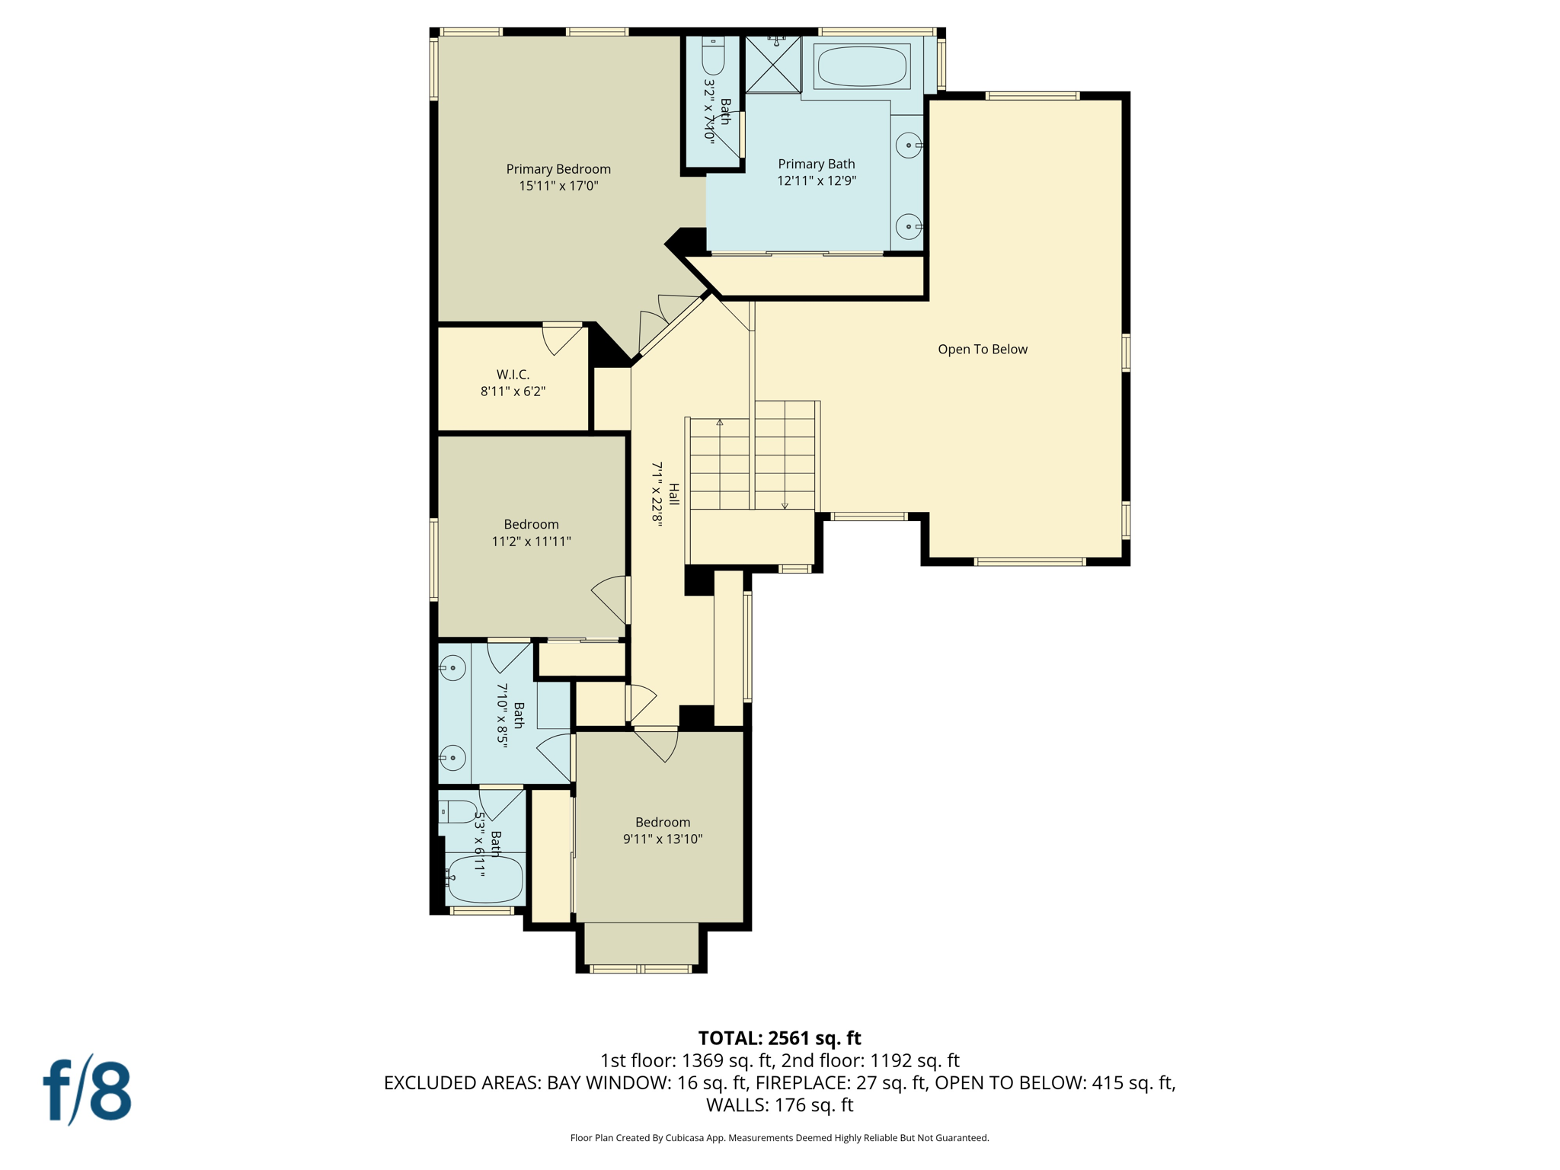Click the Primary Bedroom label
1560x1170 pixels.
pyautogui.click(x=558, y=169)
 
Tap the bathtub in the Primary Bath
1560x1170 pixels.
pyautogui.click(x=862, y=66)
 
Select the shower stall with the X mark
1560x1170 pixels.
pyautogui.click(x=772, y=65)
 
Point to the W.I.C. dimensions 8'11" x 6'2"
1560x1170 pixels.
pyautogui.click(x=513, y=392)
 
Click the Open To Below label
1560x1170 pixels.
pyautogui.click(x=982, y=350)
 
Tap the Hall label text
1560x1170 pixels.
pyautogui.click(x=673, y=494)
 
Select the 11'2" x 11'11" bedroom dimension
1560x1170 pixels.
pyautogui.click(x=531, y=542)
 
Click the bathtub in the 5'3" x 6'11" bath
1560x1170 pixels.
pyautogui.click(x=484, y=880)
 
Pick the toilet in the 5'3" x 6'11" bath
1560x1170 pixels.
pyautogui.click(x=459, y=812)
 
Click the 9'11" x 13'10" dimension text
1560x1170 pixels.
pyautogui.click(x=662, y=839)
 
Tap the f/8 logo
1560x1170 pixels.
pyautogui.click(x=87, y=1090)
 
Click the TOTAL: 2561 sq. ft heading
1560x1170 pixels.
pyautogui.click(x=779, y=1038)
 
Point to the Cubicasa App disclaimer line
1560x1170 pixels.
pyautogui.click(x=779, y=1138)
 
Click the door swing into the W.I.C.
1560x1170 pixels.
pyautogui.click(x=562, y=339)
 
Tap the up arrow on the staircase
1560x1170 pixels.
pyautogui.click(x=720, y=424)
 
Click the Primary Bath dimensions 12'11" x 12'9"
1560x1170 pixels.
pyautogui.click(x=817, y=181)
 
